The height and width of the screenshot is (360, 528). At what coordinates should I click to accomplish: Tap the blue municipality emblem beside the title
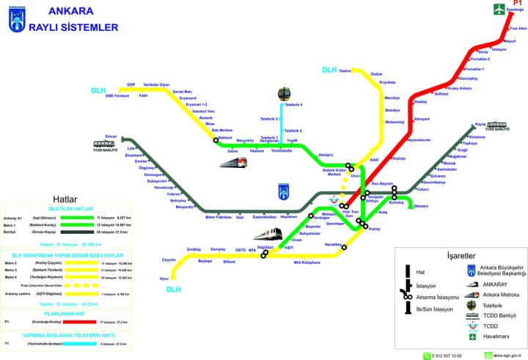16,21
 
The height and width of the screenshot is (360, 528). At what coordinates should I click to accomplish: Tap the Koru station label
164,278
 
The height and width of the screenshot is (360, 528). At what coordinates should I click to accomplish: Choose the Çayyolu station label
169,260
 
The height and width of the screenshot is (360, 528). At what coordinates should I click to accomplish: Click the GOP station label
131,84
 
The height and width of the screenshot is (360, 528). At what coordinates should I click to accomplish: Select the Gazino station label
346,71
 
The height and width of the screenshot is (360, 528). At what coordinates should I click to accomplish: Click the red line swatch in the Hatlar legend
77,322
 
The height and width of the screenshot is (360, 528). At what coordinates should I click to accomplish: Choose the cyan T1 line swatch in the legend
77,343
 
